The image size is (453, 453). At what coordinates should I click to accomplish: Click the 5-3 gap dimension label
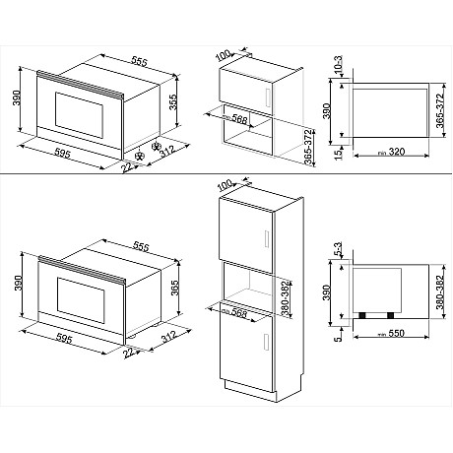pos(339,253)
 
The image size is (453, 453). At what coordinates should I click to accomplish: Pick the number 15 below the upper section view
pos(339,153)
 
